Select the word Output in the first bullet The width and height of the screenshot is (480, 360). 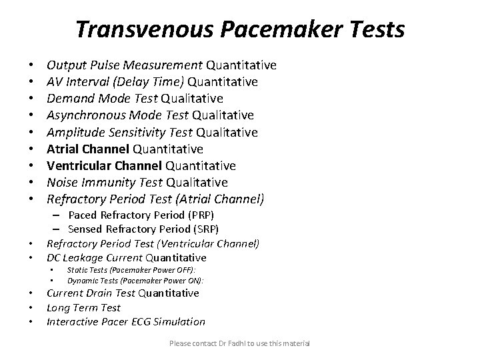pyautogui.click(x=65, y=65)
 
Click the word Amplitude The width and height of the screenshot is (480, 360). pyautogui.click(x=75, y=132)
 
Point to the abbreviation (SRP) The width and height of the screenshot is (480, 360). pyautogui.click(x=205, y=229)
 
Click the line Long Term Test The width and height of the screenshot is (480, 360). pyautogui.click(x=83, y=307)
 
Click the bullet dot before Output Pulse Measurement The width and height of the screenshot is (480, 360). pyautogui.click(x=32, y=66)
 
